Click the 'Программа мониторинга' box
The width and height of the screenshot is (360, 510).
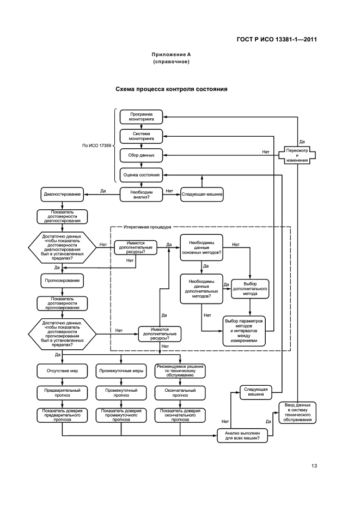141,117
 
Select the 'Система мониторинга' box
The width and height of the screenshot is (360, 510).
141,136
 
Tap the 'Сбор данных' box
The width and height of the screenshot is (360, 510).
141,155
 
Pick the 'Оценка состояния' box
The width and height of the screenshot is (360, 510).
141,174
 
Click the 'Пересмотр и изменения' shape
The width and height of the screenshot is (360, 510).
297,155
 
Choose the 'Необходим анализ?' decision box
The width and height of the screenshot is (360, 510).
141,195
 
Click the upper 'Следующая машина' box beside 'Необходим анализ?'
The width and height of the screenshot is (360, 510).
202,195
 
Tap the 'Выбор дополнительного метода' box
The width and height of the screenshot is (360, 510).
250,289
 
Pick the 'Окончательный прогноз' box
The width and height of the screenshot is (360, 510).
180,393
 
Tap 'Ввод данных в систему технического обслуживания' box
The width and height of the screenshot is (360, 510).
297,412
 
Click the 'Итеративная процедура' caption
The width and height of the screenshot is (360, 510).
147,227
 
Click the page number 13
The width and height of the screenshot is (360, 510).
314,466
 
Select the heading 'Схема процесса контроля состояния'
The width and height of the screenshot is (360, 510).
171,89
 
